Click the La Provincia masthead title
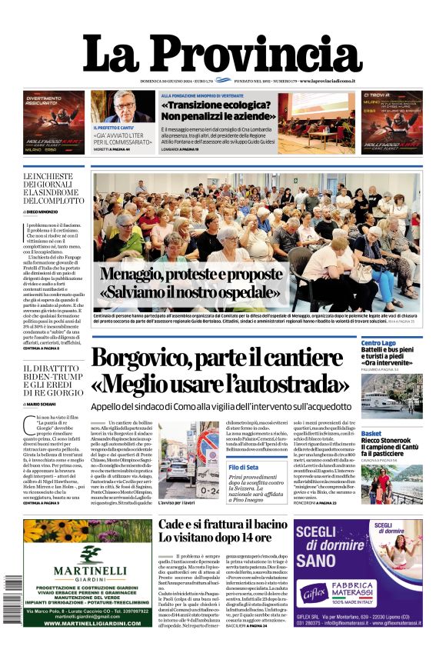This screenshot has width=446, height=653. [x=222, y=53]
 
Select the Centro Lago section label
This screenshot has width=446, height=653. [x=378, y=343]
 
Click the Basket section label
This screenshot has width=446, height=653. [x=371, y=433]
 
